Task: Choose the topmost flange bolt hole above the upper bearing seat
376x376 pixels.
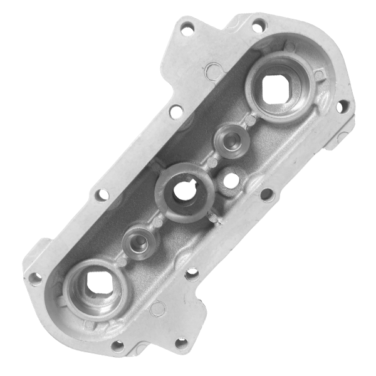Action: [256, 26]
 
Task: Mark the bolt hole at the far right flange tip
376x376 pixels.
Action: [340, 107]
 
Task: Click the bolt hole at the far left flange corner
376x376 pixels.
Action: [36, 275]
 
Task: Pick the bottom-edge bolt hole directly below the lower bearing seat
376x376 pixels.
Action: [117, 345]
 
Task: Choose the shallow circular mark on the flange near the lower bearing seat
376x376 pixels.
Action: [157, 308]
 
